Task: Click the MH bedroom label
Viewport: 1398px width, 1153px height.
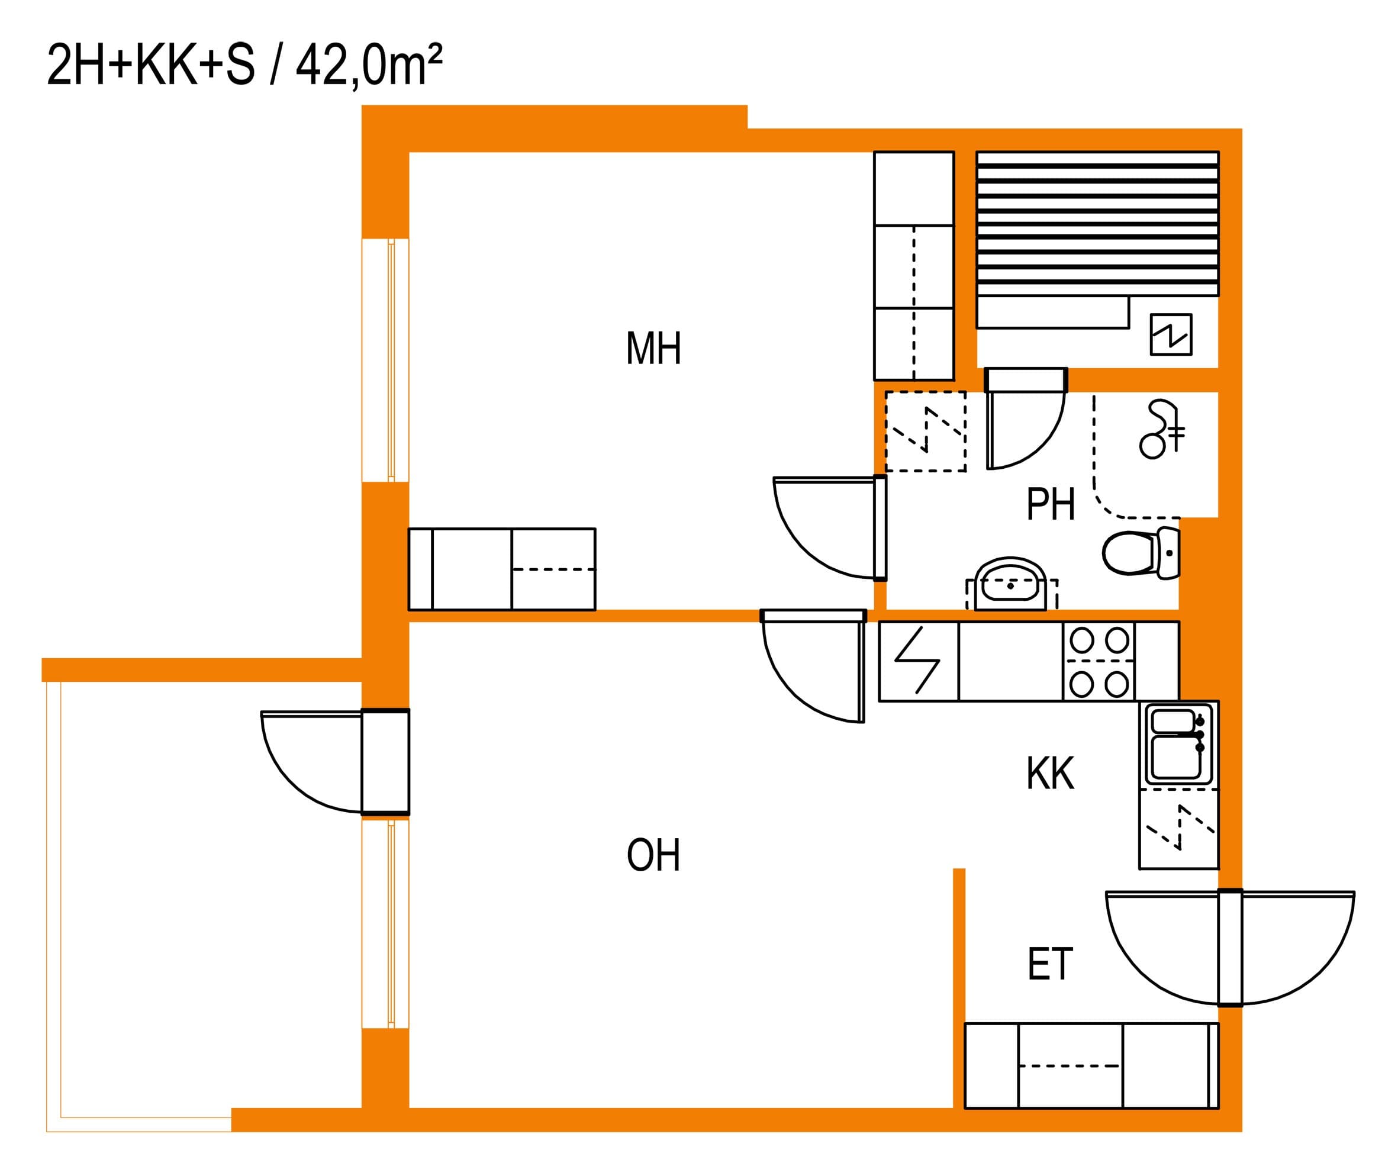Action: coord(653,349)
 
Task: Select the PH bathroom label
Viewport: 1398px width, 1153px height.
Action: coord(1051,504)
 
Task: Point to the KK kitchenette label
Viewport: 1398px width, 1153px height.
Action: coord(1050,773)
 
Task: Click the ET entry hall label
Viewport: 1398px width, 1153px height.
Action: coord(1050,964)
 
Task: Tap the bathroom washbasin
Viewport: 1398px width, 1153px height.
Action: coord(1011,584)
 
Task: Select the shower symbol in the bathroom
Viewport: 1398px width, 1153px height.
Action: coord(1162,430)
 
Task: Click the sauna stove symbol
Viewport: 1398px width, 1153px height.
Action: coord(1171,334)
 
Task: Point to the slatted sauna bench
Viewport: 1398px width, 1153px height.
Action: coord(1097,224)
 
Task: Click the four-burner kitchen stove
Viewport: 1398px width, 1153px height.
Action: coord(1099,662)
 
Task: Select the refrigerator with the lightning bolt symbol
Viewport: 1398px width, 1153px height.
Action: coord(919,662)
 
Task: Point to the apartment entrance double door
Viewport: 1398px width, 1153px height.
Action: coord(1230,948)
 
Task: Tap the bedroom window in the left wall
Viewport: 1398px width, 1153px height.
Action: coord(385,360)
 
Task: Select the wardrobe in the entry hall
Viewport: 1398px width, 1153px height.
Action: coord(1092,1066)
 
